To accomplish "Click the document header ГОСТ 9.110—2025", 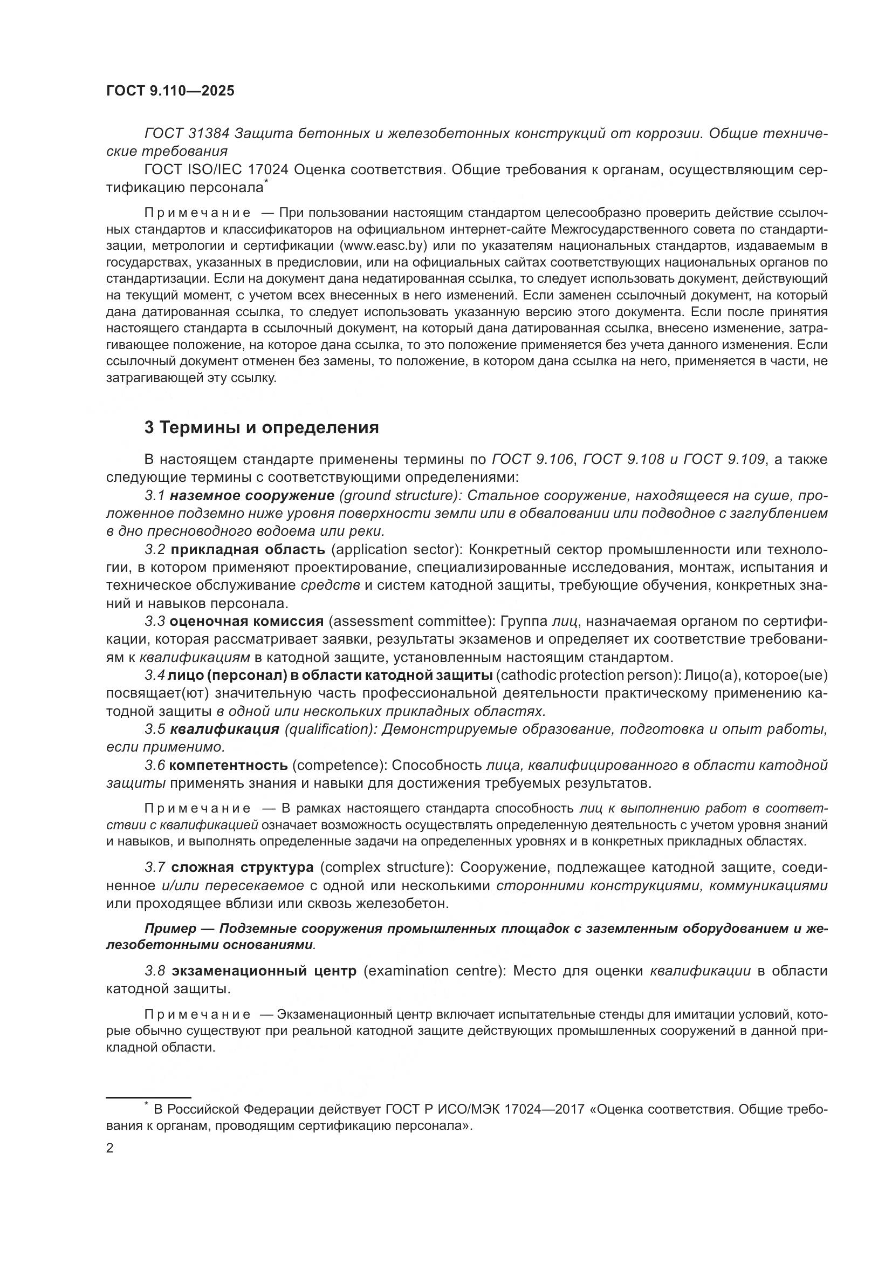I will point(170,91).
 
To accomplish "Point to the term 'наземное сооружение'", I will point(252,496).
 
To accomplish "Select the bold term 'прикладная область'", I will point(248,550).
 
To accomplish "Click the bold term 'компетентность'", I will point(229,765).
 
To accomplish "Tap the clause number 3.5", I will point(155,729).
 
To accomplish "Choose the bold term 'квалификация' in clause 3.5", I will point(225,729).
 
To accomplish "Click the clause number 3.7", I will point(155,868).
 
